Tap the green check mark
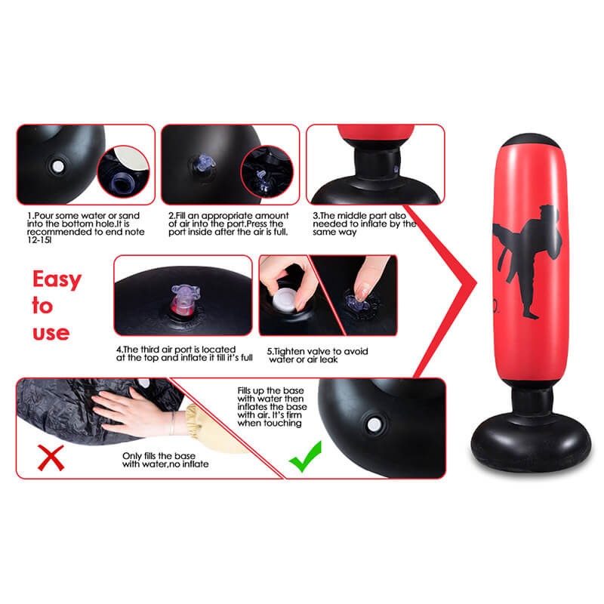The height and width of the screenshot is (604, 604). pyautogui.click(x=305, y=457)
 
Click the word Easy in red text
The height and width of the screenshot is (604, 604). pyautogui.click(x=57, y=280)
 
